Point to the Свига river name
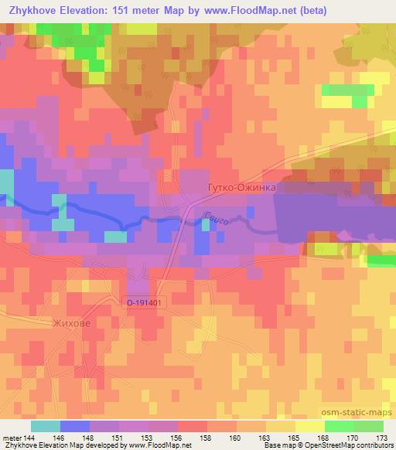(217, 221)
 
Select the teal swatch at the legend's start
(46, 426)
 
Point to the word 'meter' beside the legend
(12, 438)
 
